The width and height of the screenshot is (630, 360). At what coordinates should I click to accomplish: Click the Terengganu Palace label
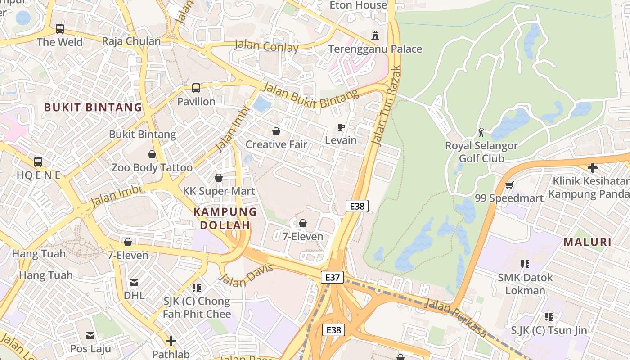pos(375,49)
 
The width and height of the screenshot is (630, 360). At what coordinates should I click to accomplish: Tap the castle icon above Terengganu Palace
pos(375,35)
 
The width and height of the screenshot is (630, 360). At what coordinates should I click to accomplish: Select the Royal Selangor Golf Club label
pos(481,152)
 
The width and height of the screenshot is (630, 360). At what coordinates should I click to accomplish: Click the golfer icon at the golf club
pos(481,132)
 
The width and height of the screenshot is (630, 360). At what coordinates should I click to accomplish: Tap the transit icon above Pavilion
pos(196,88)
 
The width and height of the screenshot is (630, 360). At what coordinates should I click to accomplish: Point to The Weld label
pos(60,42)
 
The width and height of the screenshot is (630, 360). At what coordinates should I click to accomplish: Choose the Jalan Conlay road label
pos(266,46)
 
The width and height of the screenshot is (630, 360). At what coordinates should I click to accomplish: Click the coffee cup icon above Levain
pos(341,127)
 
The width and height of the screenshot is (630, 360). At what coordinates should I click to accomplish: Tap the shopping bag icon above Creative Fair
pos(276,131)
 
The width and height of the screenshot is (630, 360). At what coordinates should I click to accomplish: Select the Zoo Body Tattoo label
pos(152,168)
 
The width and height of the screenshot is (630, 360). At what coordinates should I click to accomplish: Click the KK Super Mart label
pos(219,191)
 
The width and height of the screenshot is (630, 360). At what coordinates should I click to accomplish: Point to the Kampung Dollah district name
pos(225,218)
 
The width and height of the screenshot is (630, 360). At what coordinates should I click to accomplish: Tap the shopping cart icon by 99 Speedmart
pos(509,185)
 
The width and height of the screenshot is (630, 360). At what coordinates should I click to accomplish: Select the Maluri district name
pos(587,242)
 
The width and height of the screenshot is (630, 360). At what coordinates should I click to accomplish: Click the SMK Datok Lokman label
pos(525,283)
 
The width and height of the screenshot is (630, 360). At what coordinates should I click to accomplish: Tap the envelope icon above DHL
pos(134,283)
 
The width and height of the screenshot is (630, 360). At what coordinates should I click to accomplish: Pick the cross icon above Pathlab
pos(171,341)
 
